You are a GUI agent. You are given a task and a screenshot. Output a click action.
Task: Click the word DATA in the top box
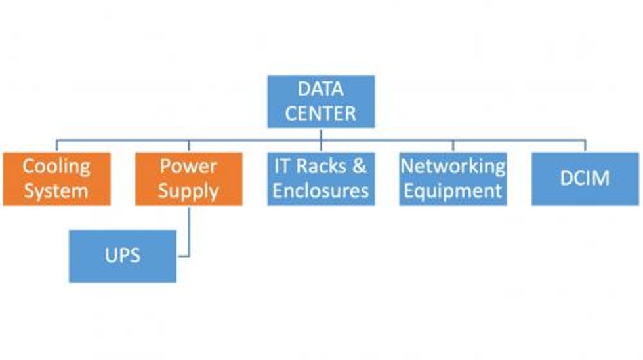[x=320, y=89]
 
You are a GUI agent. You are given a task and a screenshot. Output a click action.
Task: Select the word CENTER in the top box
[x=320, y=113]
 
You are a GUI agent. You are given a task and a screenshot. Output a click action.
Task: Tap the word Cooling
[x=56, y=166]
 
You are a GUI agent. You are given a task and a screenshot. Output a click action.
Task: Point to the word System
[x=56, y=191]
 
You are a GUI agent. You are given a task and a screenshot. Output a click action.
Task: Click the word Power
[x=189, y=166]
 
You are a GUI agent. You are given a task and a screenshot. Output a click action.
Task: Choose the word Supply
[x=189, y=191]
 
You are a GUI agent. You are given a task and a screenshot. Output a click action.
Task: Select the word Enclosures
[x=320, y=191]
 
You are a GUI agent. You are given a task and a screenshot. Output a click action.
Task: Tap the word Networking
[x=453, y=166]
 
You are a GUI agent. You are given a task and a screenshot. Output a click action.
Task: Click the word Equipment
[x=453, y=191]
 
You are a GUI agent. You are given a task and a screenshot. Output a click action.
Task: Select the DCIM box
[x=585, y=179]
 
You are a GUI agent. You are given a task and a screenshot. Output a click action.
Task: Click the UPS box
[x=123, y=256]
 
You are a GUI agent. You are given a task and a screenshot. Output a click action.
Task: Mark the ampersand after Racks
[x=359, y=166]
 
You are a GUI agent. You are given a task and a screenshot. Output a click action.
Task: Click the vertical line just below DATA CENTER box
[x=321, y=134]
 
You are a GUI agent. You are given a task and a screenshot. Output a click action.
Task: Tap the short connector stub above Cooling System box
[x=56, y=146]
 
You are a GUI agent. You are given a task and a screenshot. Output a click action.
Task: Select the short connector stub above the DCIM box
[x=585, y=146]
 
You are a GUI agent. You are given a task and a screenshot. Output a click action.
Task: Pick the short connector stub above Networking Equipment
[x=453, y=146]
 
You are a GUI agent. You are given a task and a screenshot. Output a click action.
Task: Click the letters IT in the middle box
[x=281, y=166]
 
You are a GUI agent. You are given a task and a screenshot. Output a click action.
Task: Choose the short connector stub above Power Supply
[x=189, y=146]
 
